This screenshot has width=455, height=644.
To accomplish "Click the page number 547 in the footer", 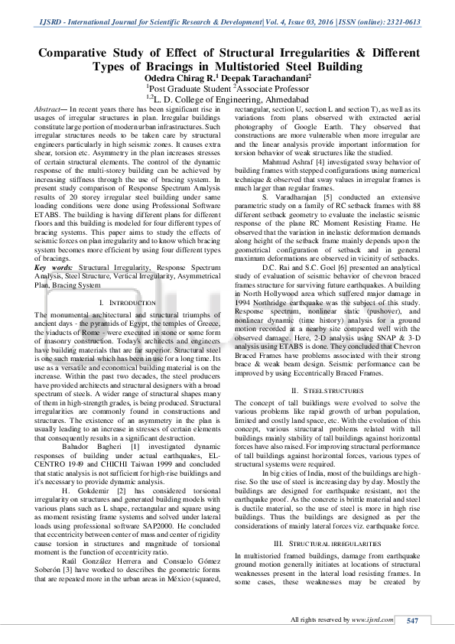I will coord(413,620).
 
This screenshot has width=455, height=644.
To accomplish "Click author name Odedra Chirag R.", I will coord(180,78).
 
